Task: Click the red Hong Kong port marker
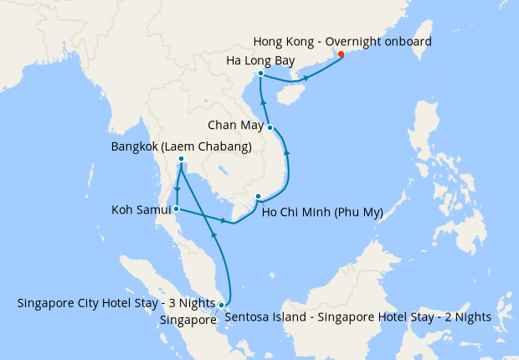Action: pyautogui.click(x=341, y=56)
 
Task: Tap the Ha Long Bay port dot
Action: pyautogui.click(x=261, y=74)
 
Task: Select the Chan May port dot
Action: pyautogui.click(x=270, y=127)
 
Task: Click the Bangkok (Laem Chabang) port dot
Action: pyautogui.click(x=181, y=161)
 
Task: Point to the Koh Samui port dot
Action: pyautogui.click(x=176, y=208)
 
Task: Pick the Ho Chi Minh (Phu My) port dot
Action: pyautogui.click(x=258, y=198)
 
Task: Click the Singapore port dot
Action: pyautogui.click(x=221, y=305)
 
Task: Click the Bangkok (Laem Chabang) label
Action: pyautogui.click(x=182, y=147)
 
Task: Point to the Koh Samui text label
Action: pyautogui.click(x=140, y=208)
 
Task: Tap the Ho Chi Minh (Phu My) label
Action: pyautogui.click(x=322, y=212)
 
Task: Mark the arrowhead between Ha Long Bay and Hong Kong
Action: pyautogui.click(x=306, y=79)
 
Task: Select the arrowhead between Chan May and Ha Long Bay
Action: pyautogui.click(x=264, y=101)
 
